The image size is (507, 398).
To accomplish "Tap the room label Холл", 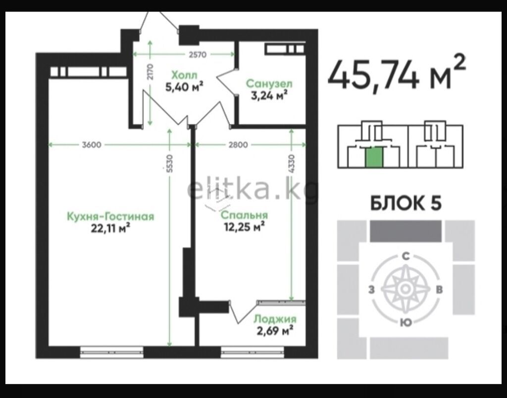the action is (x=184, y=75).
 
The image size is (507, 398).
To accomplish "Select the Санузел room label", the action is (x=269, y=84).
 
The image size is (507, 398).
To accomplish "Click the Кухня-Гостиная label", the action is (x=110, y=216).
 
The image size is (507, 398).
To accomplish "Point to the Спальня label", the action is (x=244, y=215).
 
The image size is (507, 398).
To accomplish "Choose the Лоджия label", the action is (x=275, y=319).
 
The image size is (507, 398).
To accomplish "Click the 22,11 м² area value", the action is (x=110, y=228).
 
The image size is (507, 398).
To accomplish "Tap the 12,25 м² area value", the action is (x=245, y=227).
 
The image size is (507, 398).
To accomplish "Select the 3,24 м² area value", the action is (x=269, y=95).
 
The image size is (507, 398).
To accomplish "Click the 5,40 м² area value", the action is (x=184, y=87).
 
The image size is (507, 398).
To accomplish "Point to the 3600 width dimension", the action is (x=92, y=145).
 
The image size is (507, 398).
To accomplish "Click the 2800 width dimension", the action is (x=238, y=145).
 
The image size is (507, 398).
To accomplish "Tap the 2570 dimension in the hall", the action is (x=197, y=54).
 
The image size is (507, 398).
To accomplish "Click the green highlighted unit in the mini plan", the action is (x=374, y=157).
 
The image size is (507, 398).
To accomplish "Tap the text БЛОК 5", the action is (x=406, y=203).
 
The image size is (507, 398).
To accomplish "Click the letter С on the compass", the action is (x=406, y=256).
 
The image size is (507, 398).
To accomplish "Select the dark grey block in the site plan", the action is (x=406, y=231).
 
